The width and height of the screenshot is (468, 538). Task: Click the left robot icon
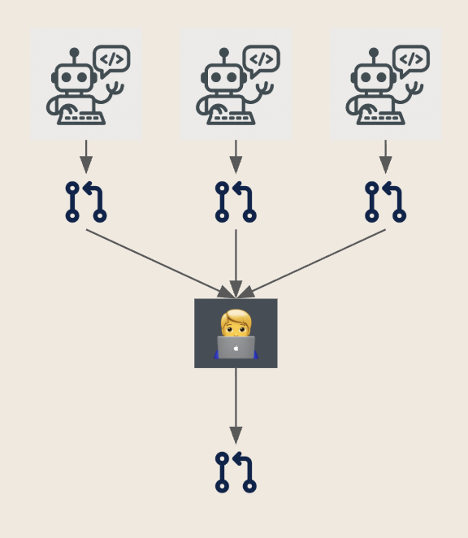(86, 85)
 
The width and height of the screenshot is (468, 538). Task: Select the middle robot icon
(236, 85)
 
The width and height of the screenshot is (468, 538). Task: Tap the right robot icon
(385, 85)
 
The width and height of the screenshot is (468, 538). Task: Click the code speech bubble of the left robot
(112, 59)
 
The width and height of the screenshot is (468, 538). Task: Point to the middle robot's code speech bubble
(262, 59)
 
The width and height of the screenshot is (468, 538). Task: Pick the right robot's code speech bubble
(411, 59)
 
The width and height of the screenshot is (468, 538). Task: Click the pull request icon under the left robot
(86, 202)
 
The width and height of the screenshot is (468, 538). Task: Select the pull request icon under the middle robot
(236, 202)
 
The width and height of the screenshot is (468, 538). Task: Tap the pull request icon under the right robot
(385, 202)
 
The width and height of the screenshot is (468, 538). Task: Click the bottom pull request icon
(236, 472)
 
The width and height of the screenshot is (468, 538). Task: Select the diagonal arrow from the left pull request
(154, 261)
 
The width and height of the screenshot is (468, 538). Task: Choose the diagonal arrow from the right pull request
(317, 261)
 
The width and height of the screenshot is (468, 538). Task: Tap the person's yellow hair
(236, 317)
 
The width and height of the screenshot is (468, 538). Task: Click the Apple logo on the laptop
(236, 347)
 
